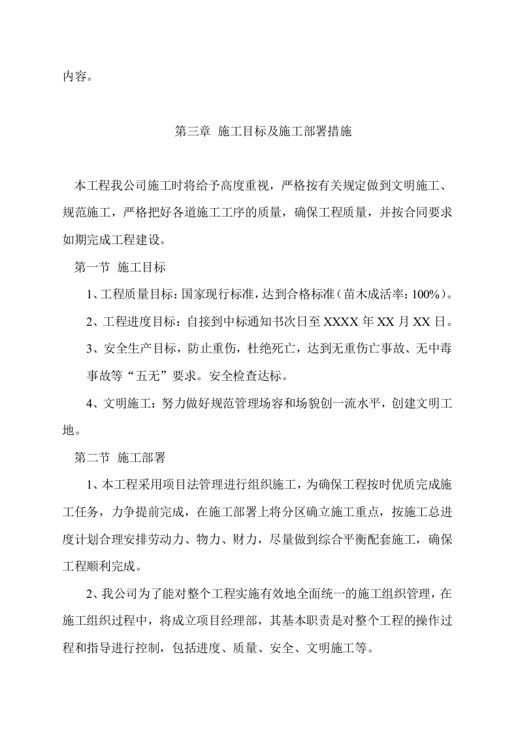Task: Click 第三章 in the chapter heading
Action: [x=193, y=131]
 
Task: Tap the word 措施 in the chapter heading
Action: [x=338, y=131]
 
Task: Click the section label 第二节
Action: [x=92, y=457]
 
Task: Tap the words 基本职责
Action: [x=292, y=621]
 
